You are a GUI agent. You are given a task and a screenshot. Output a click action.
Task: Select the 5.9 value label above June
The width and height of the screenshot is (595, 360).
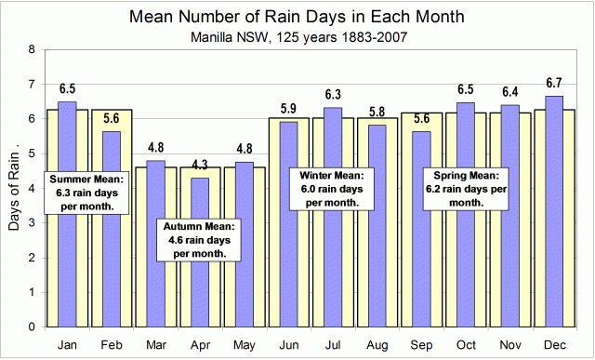(x=287, y=109)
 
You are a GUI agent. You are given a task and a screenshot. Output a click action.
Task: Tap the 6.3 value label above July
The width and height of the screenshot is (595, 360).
(x=331, y=95)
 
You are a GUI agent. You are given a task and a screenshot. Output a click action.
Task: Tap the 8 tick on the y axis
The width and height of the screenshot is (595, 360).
(x=33, y=49)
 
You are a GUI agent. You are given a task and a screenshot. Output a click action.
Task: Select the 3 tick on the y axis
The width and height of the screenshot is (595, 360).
(x=33, y=223)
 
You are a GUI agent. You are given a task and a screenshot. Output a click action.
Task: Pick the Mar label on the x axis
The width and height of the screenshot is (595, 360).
(x=155, y=343)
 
